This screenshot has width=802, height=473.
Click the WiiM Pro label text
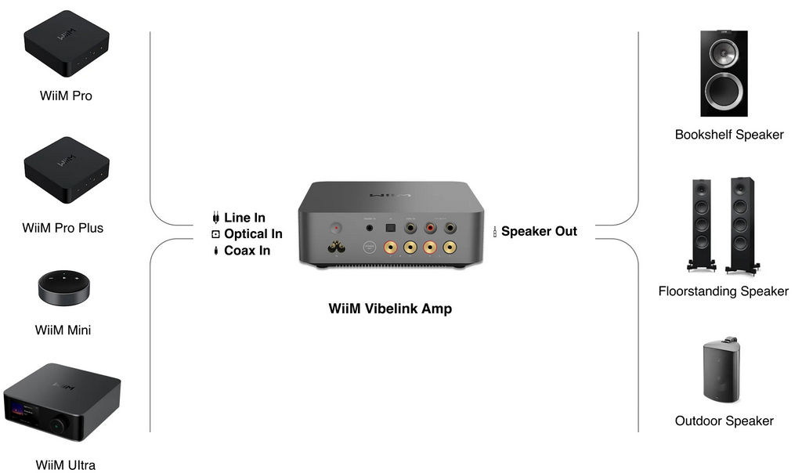[66, 96]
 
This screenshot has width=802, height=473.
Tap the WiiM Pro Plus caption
[63, 228]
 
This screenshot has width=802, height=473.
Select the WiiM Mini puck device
[64, 287]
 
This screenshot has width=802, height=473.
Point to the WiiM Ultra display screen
[23, 413]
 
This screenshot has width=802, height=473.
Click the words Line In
[244, 218]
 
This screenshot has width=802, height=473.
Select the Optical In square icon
[216, 234]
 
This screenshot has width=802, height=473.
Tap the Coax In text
[247, 251]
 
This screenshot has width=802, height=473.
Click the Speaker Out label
[539, 231]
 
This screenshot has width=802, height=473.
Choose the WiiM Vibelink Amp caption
[390, 309]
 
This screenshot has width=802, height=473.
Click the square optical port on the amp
[390, 228]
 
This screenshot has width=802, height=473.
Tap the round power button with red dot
[336, 228]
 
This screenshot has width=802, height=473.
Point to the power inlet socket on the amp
[336, 248]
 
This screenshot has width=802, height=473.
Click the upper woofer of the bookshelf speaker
[724, 52]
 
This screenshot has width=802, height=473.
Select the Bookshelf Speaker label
[729, 135]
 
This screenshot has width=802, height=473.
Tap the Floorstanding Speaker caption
[723, 291]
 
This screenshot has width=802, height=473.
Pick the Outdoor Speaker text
[724, 421]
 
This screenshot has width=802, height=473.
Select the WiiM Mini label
[63, 330]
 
